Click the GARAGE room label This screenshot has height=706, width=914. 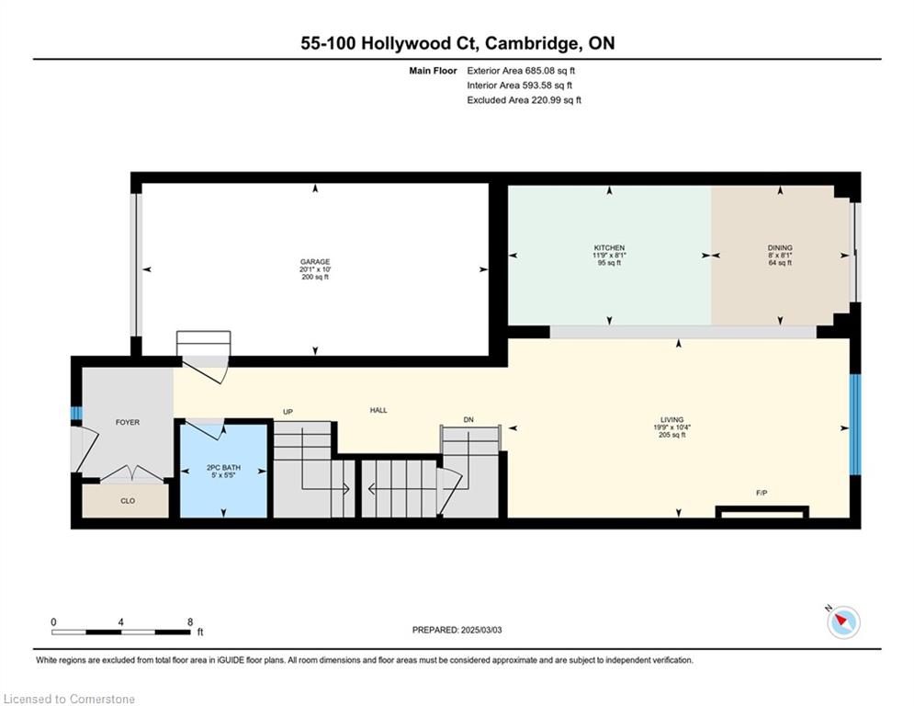(x=315, y=262)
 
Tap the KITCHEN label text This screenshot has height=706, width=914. (x=609, y=248)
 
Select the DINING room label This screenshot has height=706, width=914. (x=780, y=248)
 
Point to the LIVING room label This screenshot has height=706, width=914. (x=672, y=419)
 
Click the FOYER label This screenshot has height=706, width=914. (x=128, y=423)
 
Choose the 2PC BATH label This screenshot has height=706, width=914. (x=223, y=468)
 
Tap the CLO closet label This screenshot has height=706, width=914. (x=128, y=501)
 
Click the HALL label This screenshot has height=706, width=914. (x=378, y=410)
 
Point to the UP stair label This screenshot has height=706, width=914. (x=288, y=412)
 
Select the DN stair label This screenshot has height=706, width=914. (x=468, y=419)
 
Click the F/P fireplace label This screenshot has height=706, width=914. (x=762, y=493)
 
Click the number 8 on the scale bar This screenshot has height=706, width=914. (x=190, y=622)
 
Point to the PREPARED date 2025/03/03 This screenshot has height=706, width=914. (x=481, y=630)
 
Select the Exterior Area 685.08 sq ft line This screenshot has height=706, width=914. (x=521, y=71)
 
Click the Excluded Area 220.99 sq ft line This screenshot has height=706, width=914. (x=524, y=100)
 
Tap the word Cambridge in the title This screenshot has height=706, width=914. (x=532, y=44)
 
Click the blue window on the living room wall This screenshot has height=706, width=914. (x=855, y=425)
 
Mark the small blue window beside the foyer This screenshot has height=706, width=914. (x=76, y=413)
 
